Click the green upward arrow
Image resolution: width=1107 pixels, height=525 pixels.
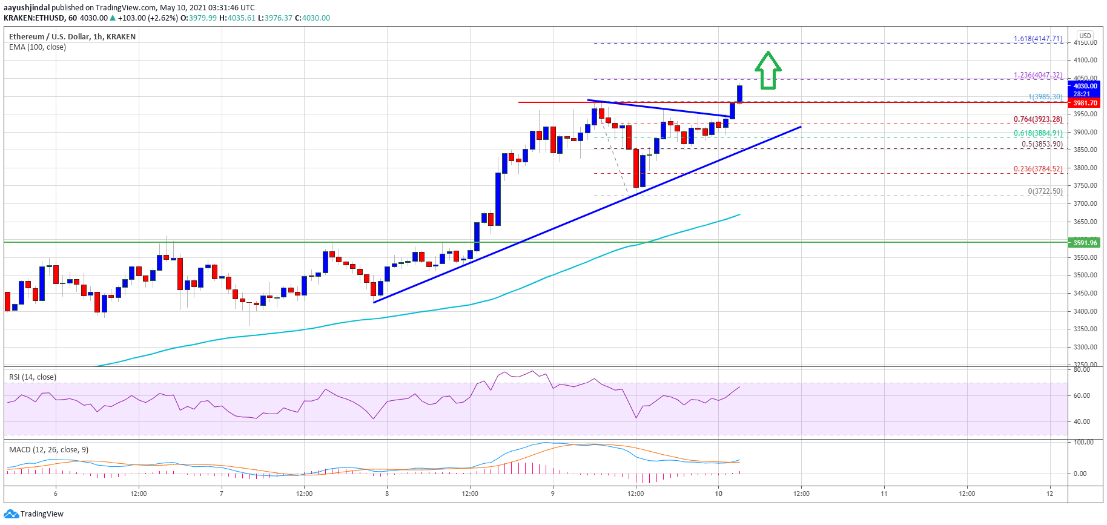pyautogui.click(x=768, y=70)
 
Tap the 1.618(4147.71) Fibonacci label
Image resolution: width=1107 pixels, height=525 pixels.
pyautogui.click(x=1038, y=39)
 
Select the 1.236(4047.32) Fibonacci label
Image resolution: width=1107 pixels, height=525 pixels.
pyautogui.click(x=1038, y=75)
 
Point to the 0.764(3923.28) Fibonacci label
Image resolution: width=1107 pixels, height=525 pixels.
pyautogui.click(x=1038, y=119)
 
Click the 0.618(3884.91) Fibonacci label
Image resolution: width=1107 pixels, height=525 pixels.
pyautogui.click(x=1038, y=133)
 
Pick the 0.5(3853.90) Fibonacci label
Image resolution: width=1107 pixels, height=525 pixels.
pyautogui.click(x=1042, y=144)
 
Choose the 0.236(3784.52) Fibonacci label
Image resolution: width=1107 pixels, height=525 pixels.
pyautogui.click(x=1038, y=169)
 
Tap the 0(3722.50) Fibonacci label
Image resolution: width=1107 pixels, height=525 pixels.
pyautogui.click(x=1045, y=191)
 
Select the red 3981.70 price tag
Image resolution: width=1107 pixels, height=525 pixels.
pyautogui.click(x=1085, y=103)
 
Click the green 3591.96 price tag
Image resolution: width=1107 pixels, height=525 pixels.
pyautogui.click(x=1085, y=243)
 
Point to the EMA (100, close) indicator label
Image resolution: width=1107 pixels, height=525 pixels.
pyautogui.click(x=38, y=47)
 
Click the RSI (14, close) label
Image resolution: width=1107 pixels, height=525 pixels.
pyautogui.click(x=33, y=377)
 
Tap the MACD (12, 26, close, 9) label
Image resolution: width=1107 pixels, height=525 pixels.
pyautogui.click(x=48, y=449)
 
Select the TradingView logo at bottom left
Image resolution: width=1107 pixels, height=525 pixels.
pyautogui.click(x=34, y=513)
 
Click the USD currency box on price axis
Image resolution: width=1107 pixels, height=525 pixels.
pyautogui.click(x=1085, y=36)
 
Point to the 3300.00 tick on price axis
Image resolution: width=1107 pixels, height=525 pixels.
pyautogui.click(x=1085, y=347)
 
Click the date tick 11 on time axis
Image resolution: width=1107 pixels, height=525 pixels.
pyautogui.click(x=884, y=494)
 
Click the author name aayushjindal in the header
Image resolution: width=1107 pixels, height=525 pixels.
pyautogui.click(x=27, y=8)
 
